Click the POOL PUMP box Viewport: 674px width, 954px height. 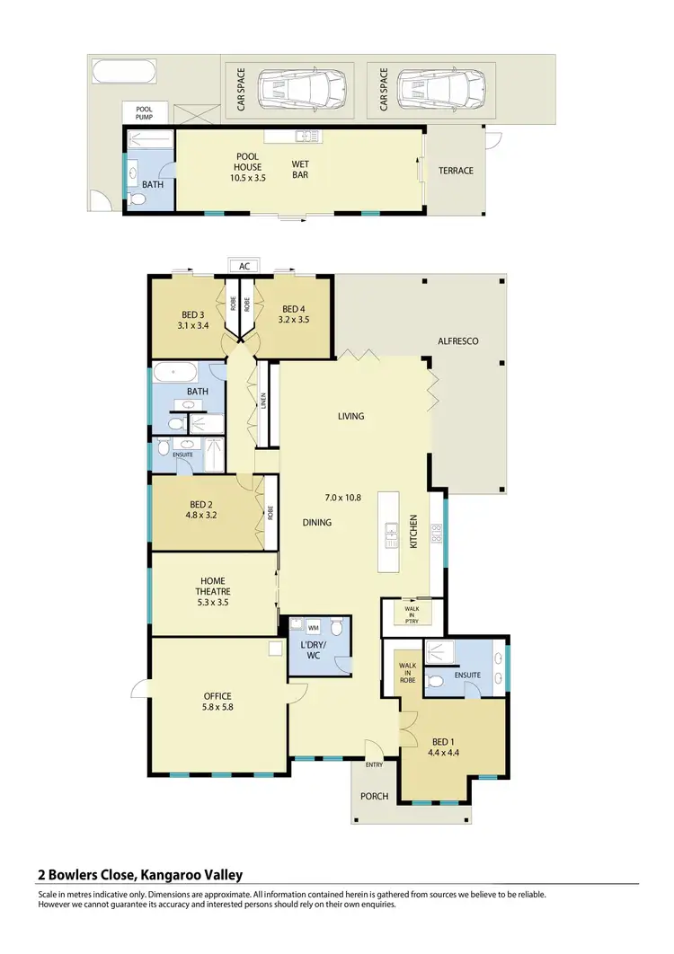click(x=145, y=112)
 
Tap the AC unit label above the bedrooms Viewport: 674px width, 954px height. click(x=244, y=266)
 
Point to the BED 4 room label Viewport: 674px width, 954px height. click(x=294, y=314)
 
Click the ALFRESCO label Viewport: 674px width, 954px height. click(x=457, y=341)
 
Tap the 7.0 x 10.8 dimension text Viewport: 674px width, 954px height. click(x=343, y=497)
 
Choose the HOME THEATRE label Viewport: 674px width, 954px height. click(x=213, y=591)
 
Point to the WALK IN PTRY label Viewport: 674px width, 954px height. click(x=412, y=614)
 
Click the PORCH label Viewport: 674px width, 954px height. click(x=375, y=796)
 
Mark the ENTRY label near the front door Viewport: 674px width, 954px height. click(x=375, y=764)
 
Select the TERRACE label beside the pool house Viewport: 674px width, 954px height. click(x=456, y=171)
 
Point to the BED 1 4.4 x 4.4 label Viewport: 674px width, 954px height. click(x=443, y=747)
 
